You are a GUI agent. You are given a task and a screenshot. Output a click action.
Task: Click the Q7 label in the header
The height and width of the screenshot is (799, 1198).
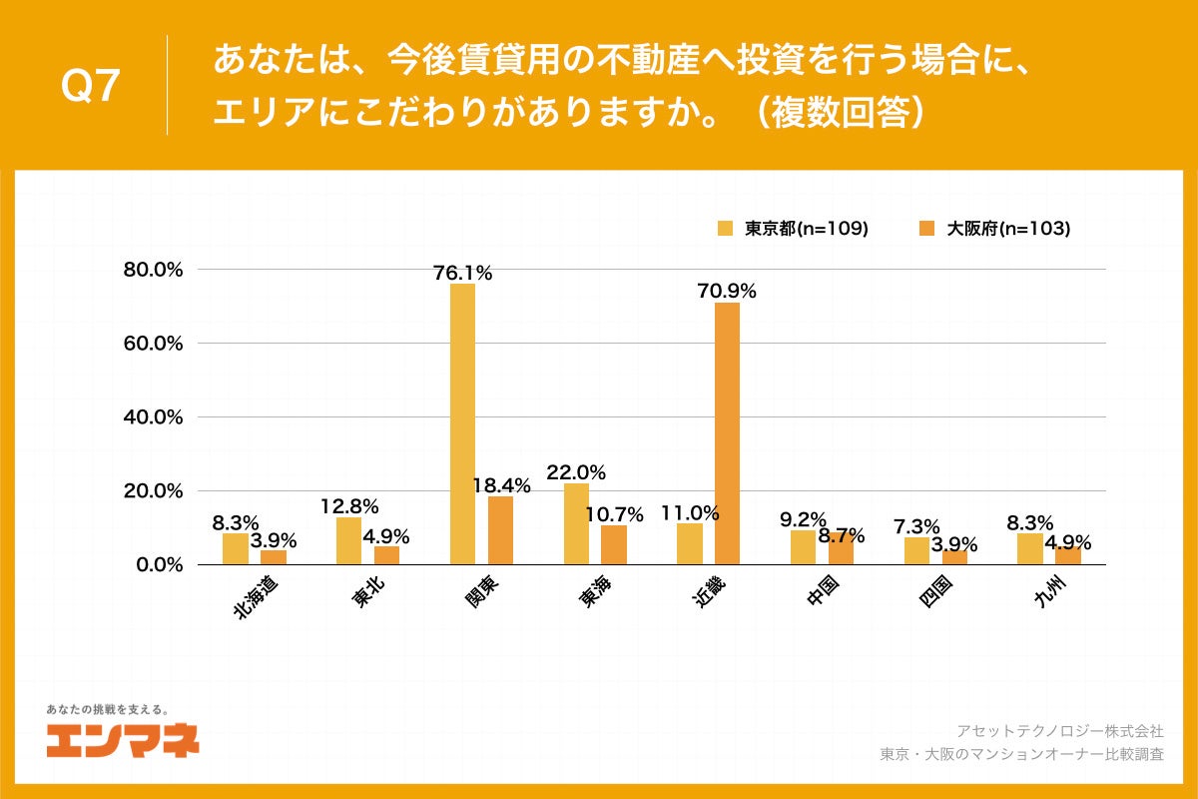point(90,87)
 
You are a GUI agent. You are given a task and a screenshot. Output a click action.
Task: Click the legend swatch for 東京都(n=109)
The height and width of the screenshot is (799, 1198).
point(725,228)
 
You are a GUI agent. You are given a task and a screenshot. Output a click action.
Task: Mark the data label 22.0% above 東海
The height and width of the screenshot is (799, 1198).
point(576,472)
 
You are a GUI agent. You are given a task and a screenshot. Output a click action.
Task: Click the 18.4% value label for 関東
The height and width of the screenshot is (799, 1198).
point(500,485)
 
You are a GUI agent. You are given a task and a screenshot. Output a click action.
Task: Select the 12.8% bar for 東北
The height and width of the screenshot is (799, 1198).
point(348,540)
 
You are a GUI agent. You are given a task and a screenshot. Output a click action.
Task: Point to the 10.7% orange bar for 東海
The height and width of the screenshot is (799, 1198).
point(614,544)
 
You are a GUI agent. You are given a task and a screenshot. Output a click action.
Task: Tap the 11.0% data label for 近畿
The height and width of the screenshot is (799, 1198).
point(690,513)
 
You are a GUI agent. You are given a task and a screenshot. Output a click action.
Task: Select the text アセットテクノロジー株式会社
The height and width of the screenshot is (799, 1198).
point(1059,731)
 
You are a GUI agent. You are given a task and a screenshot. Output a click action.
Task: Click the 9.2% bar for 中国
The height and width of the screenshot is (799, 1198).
point(803,547)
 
